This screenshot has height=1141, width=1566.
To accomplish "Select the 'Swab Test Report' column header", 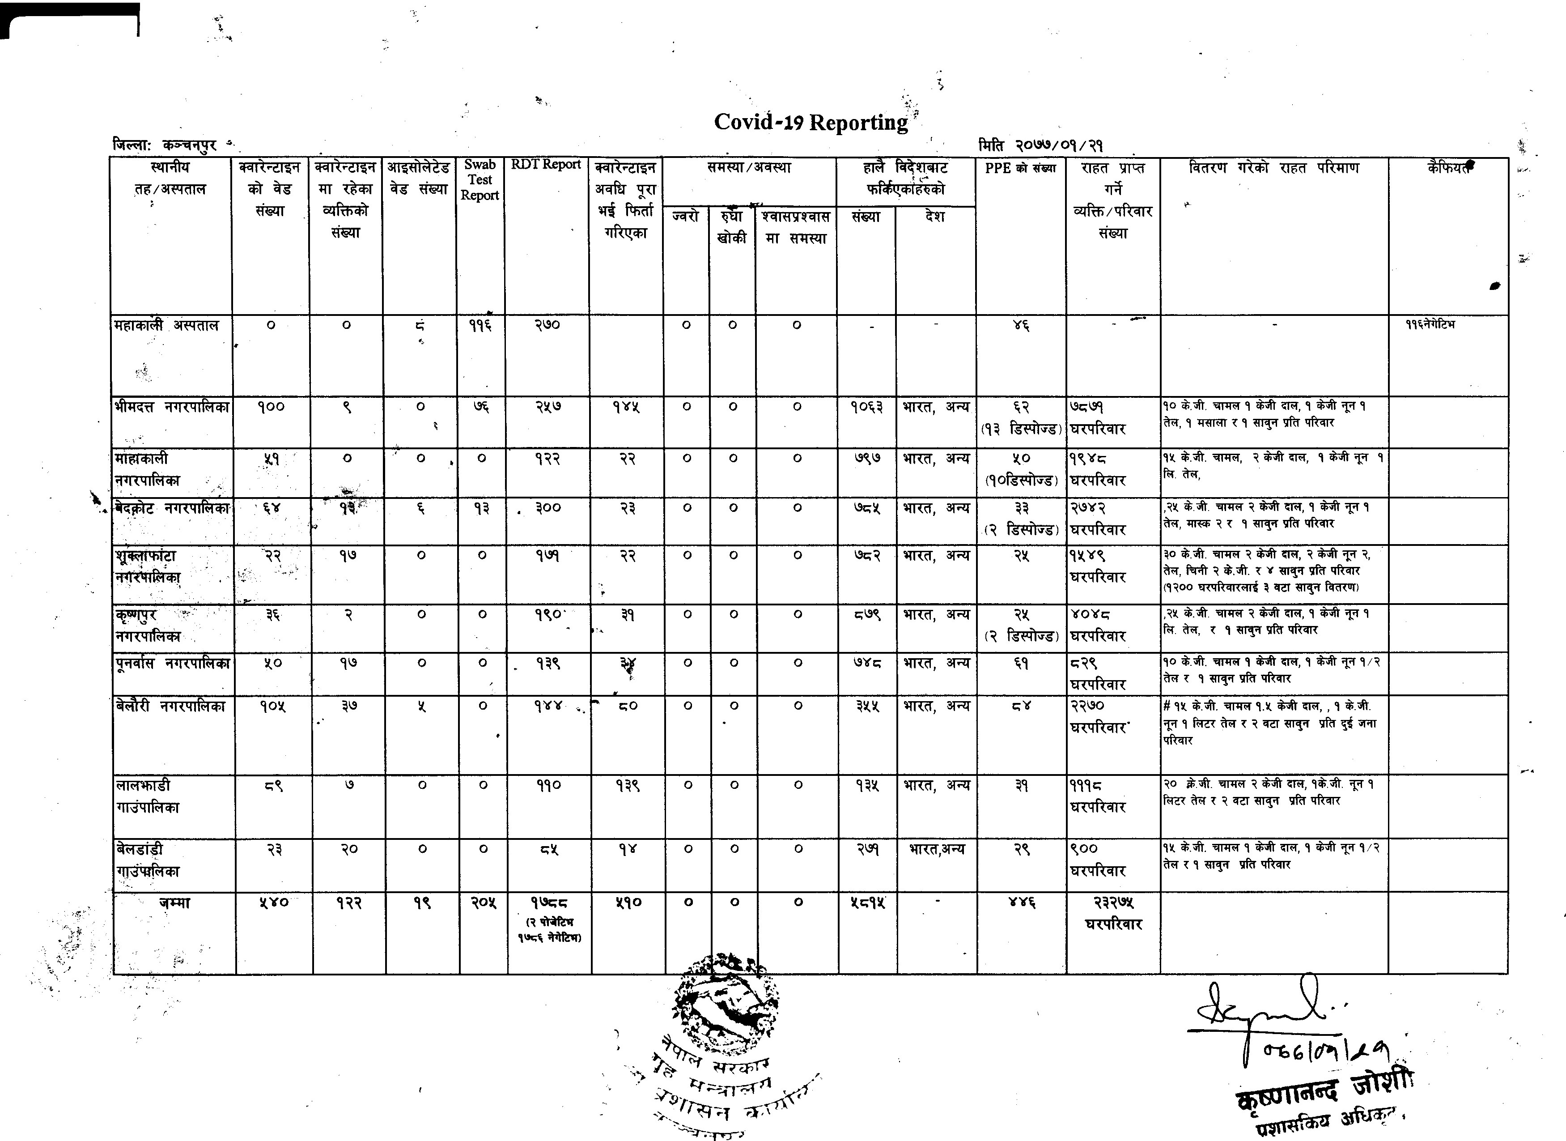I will pyautogui.click(x=480, y=179).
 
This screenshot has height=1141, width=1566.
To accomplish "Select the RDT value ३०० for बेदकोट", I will pyautogui.click(x=547, y=508).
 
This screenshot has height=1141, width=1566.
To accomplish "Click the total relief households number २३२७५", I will pyautogui.click(x=1113, y=903).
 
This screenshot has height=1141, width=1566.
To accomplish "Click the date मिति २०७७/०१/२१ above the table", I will pyautogui.click(x=1040, y=146).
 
